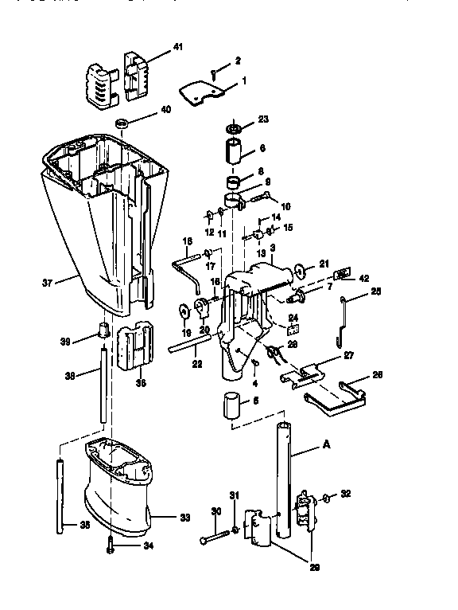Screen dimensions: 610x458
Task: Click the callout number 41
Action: tap(178, 48)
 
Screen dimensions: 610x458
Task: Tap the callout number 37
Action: tap(46, 281)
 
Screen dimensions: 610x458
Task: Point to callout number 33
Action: tap(185, 518)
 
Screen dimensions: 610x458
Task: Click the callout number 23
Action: tap(263, 119)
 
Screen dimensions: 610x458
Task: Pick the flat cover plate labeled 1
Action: tap(198, 93)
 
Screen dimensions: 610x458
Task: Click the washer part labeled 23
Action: tap(235, 127)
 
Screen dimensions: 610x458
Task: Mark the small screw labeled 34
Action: tap(110, 545)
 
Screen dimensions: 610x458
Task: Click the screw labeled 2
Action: tap(215, 74)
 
